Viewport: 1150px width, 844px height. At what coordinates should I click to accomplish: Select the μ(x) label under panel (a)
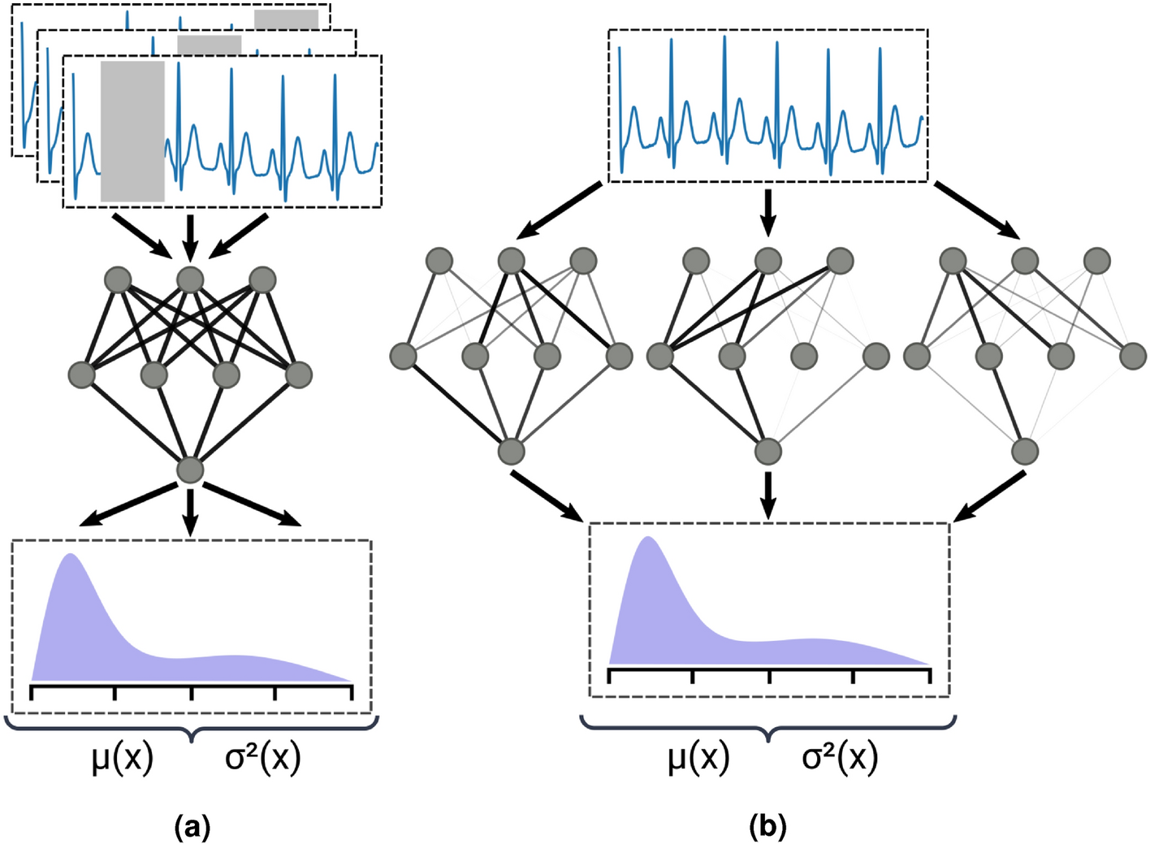tap(123, 758)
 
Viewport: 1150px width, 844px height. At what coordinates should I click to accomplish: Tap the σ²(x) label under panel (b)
tap(840, 758)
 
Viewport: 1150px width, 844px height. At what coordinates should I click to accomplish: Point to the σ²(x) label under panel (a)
tap(263, 758)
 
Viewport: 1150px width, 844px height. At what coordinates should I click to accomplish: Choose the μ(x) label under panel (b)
tap(698, 758)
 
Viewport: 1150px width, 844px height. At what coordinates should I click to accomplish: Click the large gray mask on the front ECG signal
tap(132, 131)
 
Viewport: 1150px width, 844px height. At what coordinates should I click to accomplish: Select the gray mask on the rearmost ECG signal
tap(286, 19)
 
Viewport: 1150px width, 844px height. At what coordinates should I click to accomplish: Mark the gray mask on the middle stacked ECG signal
tap(209, 45)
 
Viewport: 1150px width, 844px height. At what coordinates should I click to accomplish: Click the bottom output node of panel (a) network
tap(190, 470)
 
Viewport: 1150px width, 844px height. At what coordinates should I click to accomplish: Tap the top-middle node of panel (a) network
tap(190, 280)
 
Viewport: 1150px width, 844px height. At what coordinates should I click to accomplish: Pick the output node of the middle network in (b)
tap(767, 451)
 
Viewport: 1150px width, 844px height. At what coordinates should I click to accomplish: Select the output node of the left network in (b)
tap(511, 451)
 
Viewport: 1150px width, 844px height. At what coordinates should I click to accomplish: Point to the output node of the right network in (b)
tap(1025, 451)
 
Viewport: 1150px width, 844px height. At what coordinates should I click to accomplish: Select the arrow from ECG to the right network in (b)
tap(978, 210)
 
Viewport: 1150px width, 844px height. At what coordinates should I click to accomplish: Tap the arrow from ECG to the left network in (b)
tap(560, 211)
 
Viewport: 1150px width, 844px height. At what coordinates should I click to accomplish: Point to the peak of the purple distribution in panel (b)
tap(648, 540)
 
